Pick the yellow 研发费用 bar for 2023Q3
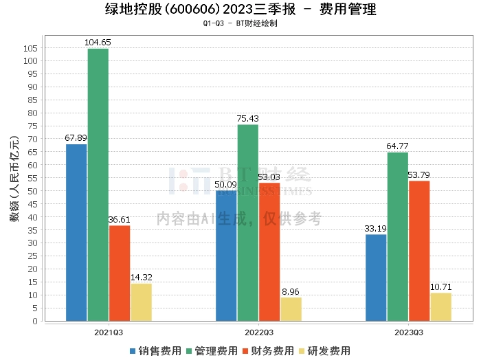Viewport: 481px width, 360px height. coord(440,306)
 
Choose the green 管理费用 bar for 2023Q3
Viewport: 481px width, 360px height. coord(398,236)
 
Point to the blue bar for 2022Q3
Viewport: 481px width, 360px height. coord(226,256)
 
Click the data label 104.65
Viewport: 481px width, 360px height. coord(98,43)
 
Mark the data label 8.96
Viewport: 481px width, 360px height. coord(291,291)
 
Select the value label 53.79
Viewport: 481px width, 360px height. coord(419,175)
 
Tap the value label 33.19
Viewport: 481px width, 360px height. coord(376,229)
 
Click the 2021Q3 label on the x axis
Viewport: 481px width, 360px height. coord(109,333)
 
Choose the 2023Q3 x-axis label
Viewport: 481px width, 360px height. coord(408,333)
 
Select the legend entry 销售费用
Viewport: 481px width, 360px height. coord(155,350)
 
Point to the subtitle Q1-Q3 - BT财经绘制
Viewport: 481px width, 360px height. coord(240,23)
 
